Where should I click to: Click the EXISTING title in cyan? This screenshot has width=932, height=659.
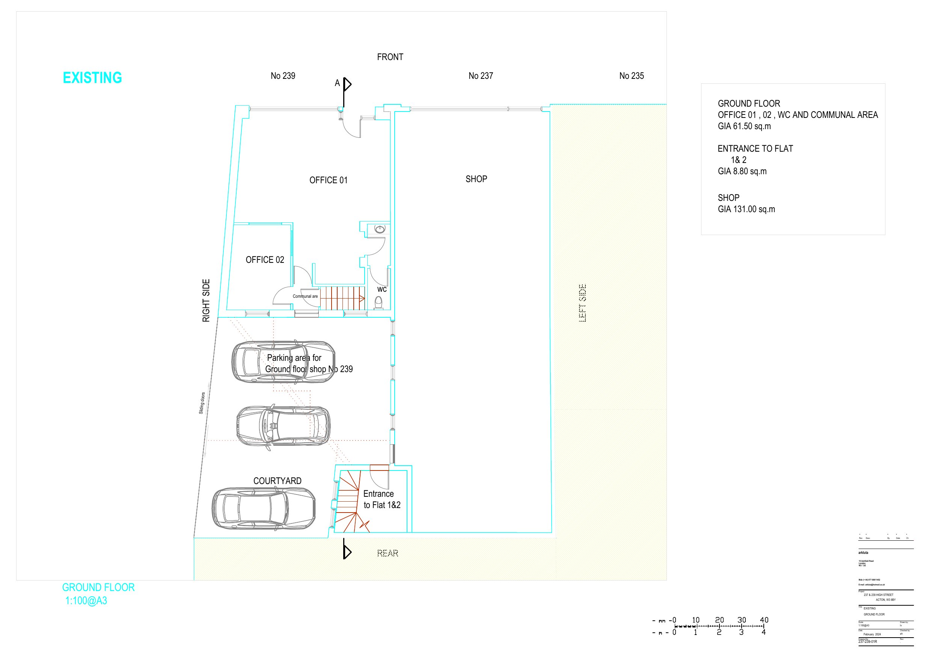[x=92, y=78]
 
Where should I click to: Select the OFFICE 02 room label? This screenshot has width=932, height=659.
[x=265, y=260]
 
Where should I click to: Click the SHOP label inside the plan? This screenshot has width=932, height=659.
[x=476, y=179]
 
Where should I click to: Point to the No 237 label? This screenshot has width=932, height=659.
[x=480, y=76]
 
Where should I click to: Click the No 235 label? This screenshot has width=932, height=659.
[x=631, y=76]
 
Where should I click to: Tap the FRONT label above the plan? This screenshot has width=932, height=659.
[x=390, y=57]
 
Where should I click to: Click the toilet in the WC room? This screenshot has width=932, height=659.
[x=379, y=302]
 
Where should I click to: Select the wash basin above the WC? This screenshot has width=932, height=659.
[x=380, y=229]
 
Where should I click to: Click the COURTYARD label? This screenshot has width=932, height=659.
[x=277, y=481]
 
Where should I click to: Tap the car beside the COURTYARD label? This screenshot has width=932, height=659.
[x=264, y=509]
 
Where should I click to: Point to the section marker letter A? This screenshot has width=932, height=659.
[x=337, y=83]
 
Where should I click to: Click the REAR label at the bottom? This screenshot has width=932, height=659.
[x=387, y=553]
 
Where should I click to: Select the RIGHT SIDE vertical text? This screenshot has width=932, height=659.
[x=206, y=300]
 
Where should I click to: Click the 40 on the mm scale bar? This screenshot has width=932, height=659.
[x=763, y=620]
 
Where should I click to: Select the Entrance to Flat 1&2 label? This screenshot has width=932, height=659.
[x=381, y=499]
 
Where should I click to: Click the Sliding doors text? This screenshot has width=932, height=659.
[x=202, y=403]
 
